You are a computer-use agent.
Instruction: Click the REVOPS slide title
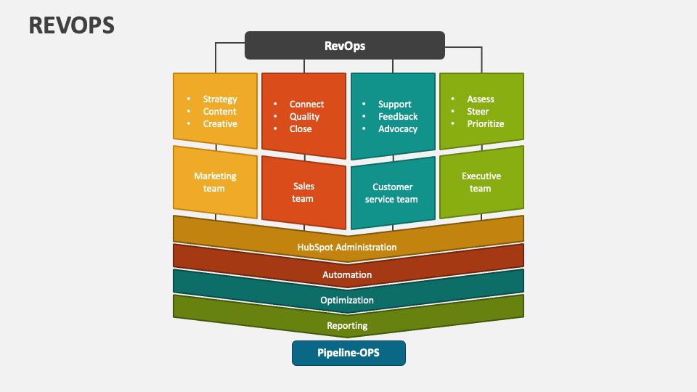pyautogui.click(x=72, y=25)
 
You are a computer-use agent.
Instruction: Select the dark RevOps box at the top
pyautogui.click(x=344, y=46)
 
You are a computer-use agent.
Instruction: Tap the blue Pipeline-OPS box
pyautogui.click(x=348, y=354)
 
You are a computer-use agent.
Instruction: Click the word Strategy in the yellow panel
pyautogui.click(x=220, y=99)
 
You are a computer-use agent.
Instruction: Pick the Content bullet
pyautogui.click(x=220, y=112)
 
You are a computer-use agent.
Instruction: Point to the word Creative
pyautogui.click(x=220, y=124)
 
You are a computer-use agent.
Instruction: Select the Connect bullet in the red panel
pyautogui.click(x=306, y=105)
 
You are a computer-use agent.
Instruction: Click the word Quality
pyautogui.click(x=304, y=117)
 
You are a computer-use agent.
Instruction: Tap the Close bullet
pyautogui.click(x=301, y=129)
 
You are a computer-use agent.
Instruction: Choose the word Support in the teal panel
pyautogui.click(x=395, y=105)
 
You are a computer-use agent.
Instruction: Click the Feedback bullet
pyautogui.click(x=398, y=117)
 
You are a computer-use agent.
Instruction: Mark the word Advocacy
pyautogui.click(x=398, y=129)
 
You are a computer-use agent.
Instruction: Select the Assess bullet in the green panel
pyautogui.click(x=481, y=99)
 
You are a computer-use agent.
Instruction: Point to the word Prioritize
pyautogui.click(x=486, y=124)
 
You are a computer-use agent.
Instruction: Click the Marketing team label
pyautogui.click(x=215, y=182)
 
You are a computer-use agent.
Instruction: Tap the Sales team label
pyautogui.click(x=303, y=192)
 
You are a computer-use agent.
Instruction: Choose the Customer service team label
pyautogui.click(x=392, y=193)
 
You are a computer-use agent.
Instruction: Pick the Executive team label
pyautogui.click(x=481, y=182)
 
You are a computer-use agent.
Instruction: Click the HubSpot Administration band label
pyautogui.click(x=347, y=248)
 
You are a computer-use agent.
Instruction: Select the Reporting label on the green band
pyautogui.click(x=347, y=326)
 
